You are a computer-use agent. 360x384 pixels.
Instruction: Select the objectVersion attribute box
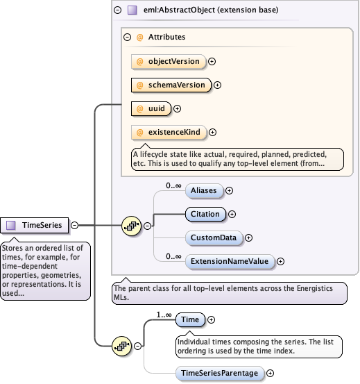click(169, 61)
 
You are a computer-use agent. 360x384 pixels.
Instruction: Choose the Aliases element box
click(203, 190)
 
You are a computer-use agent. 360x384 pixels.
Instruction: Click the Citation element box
click(205, 214)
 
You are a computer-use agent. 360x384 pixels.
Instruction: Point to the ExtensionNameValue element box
click(230, 261)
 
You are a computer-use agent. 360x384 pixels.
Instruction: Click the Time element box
click(189, 319)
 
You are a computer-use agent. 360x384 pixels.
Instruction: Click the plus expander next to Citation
click(232, 215)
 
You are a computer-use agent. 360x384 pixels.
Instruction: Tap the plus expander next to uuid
click(177, 108)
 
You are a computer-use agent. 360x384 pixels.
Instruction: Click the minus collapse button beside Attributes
click(127, 37)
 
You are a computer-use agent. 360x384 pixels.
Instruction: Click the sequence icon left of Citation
click(131, 226)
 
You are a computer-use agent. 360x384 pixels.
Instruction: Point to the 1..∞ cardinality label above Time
click(164, 315)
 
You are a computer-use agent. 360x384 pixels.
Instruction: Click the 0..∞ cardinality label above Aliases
click(173, 185)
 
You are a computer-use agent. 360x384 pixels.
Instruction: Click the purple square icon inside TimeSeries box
click(11, 225)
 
